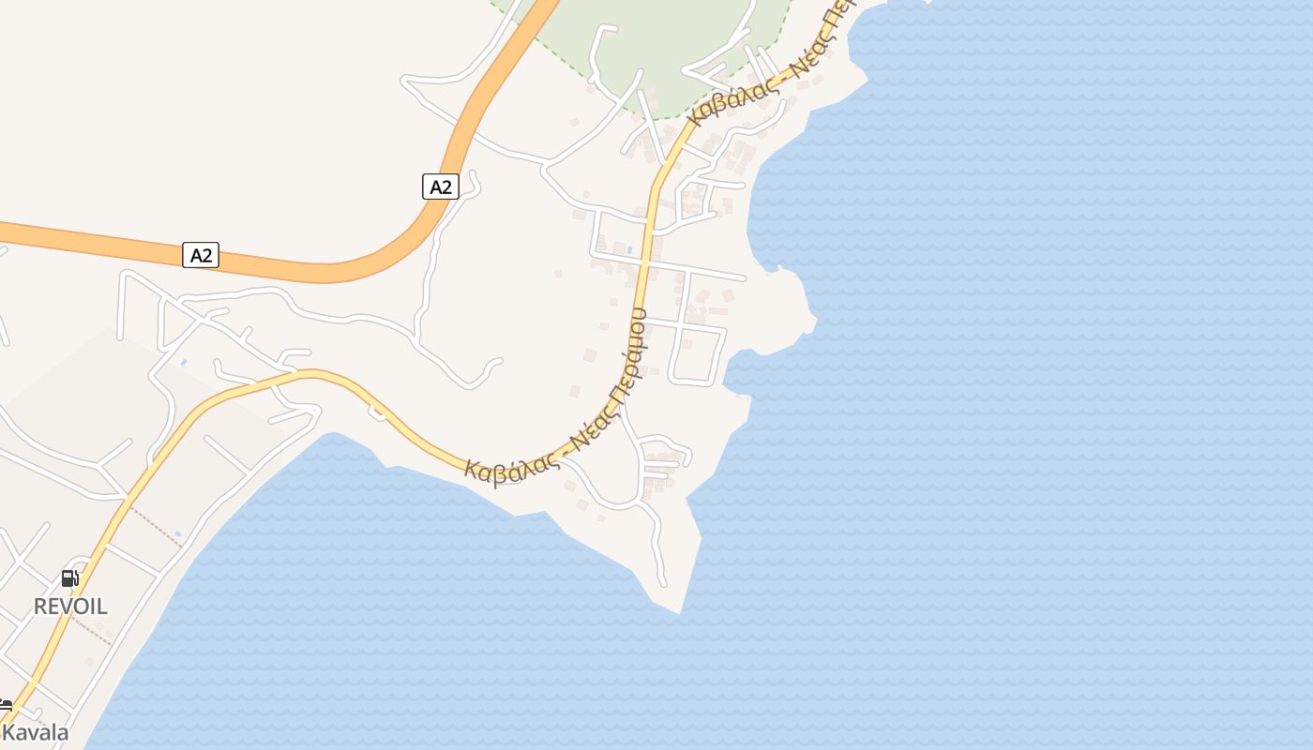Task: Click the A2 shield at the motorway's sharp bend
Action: [440, 187]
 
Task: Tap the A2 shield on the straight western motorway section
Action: [201, 254]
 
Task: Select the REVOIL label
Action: [70, 606]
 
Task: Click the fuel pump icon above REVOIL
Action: [70, 577]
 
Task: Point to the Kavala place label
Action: [36, 732]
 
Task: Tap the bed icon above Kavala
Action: [5, 705]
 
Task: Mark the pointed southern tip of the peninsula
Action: [679, 612]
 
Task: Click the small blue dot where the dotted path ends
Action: [178, 534]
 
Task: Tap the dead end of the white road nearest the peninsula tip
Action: [664, 583]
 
